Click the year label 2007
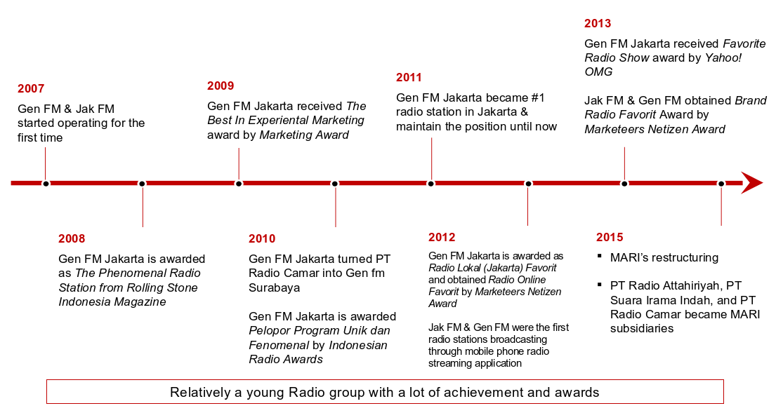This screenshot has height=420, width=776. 31,88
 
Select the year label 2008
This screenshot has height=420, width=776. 72,238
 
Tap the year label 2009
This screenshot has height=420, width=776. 221,86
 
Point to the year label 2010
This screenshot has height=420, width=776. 262,238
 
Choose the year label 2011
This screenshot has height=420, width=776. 409,78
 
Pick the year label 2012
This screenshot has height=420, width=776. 442,237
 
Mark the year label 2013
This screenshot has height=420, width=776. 598,23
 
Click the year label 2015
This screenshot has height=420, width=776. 610,237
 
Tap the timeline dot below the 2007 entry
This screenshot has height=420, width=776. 46,184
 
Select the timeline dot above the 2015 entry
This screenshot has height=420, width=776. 721,184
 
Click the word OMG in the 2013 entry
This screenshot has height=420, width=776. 598,72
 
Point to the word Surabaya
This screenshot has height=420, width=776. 274,287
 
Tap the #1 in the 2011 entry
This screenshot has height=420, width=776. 537,97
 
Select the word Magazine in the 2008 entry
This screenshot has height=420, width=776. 141,302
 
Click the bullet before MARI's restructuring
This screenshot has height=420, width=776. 600,255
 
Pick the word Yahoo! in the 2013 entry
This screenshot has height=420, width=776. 723,57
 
